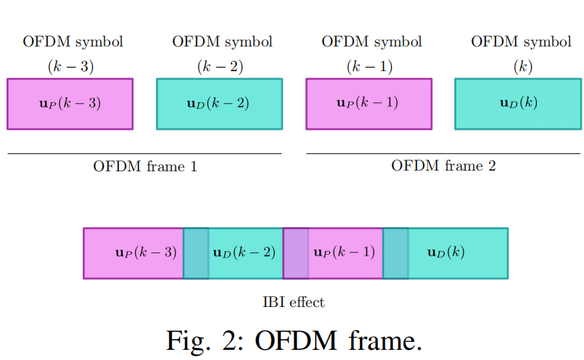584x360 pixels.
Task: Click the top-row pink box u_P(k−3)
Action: (70, 104)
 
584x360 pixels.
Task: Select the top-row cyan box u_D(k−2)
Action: (219, 104)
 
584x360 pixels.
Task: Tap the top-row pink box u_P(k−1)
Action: (368, 104)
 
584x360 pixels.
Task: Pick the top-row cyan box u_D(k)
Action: (518, 104)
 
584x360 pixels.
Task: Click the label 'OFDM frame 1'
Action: (145, 166)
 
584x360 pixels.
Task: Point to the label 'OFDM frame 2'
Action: (443, 166)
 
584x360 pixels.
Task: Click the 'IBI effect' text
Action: (293, 302)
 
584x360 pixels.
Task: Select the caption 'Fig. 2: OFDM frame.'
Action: (293, 338)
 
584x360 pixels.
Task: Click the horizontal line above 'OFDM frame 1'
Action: (144, 154)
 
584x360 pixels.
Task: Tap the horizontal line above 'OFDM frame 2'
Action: (443, 154)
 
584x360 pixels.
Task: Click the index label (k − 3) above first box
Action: (70, 67)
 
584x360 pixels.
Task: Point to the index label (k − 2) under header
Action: (220, 67)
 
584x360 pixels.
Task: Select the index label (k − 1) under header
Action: (369, 67)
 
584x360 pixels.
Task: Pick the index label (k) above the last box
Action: (522, 67)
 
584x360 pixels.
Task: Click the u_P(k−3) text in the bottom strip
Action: (146, 253)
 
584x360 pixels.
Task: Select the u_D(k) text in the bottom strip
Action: (446, 253)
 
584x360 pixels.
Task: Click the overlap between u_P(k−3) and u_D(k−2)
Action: (196, 253)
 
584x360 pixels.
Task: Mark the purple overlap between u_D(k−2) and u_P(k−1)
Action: (295, 253)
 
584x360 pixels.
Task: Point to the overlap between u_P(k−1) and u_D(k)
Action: (395, 253)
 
